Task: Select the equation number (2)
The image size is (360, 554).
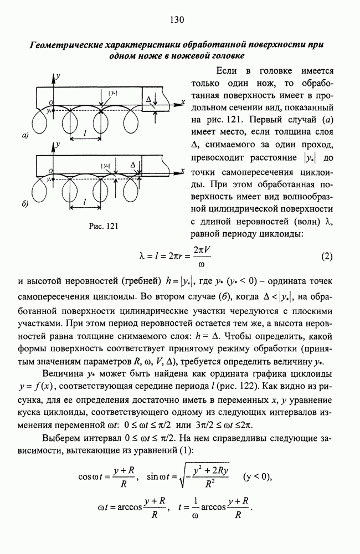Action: [326, 257]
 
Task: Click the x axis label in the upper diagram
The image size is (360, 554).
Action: [182, 102]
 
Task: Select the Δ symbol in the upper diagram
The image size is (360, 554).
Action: [147, 98]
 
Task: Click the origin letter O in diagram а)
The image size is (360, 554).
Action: [50, 102]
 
